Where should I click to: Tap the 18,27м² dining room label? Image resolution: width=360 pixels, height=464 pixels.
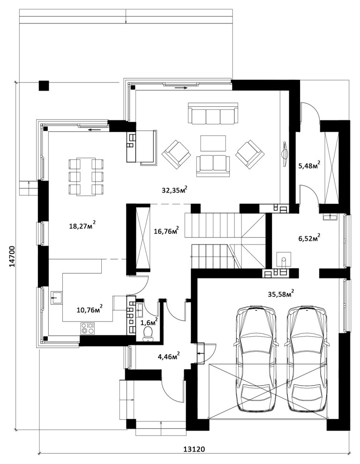[x=82, y=226]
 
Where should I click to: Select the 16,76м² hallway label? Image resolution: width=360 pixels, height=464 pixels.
[x=166, y=231]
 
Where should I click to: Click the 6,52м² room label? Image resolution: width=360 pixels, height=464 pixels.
[x=309, y=238]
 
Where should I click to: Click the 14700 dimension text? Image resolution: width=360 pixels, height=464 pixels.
[x=12, y=256]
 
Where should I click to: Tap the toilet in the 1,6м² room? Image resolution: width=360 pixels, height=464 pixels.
[x=148, y=334]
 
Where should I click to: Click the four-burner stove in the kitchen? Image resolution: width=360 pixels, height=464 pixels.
[x=88, y=329]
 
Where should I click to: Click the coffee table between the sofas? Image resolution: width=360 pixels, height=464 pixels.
[x=213, y=143]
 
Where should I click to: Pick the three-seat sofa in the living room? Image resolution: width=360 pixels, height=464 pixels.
[x=213, y=113]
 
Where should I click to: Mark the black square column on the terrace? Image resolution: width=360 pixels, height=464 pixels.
[x=44, y=85]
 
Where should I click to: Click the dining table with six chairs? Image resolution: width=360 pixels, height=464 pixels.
[x=86, y=177]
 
